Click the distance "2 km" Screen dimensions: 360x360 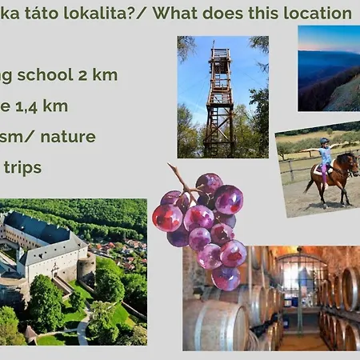[100, 75]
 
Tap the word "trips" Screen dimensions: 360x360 [24, 167]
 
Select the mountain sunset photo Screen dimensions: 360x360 [329, 68]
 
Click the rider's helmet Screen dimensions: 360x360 [324, 142]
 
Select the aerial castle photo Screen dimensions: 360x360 [74, 272]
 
